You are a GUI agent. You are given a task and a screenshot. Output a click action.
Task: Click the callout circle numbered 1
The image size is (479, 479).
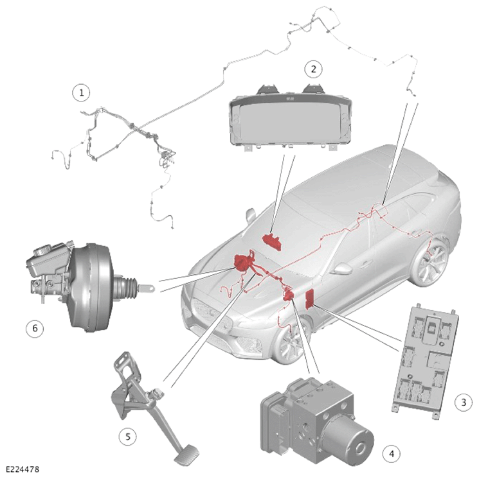pyautogui.click(x=81, y=92)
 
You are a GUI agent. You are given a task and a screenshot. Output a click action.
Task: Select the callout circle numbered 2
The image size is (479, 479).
pyautogui.click(x=313, y=69)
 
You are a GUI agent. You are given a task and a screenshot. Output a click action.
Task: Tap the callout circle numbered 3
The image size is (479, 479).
pyautogui.click(x=464, y=402)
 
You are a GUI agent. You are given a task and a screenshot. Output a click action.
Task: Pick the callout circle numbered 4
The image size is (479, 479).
pyautogui.click(x=392, y=454)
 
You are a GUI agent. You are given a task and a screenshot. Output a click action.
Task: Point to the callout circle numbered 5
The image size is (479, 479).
pyautogui.click(x=128, y=436)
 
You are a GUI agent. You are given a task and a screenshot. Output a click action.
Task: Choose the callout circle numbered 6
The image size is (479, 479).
pyautogui.click(x=35, y=328)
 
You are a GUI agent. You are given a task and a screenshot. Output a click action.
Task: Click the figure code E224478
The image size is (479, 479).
pyautogui.click(x=23, y=469)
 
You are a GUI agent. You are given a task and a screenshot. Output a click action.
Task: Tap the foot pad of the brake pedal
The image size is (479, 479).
pyautogui.click(x=186, y=455)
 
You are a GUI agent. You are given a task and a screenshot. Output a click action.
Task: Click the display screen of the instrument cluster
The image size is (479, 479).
pyautogui.click(x=290, y=121)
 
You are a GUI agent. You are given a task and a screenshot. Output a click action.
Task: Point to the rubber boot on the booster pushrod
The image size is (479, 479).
pyautogui.click(x=127, y=288)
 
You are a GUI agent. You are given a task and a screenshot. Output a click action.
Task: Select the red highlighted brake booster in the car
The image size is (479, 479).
pyautogui.click(x=243, y=263)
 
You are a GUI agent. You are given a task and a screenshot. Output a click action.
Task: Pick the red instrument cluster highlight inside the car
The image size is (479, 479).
pyautogui.click(x=272, y=241)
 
